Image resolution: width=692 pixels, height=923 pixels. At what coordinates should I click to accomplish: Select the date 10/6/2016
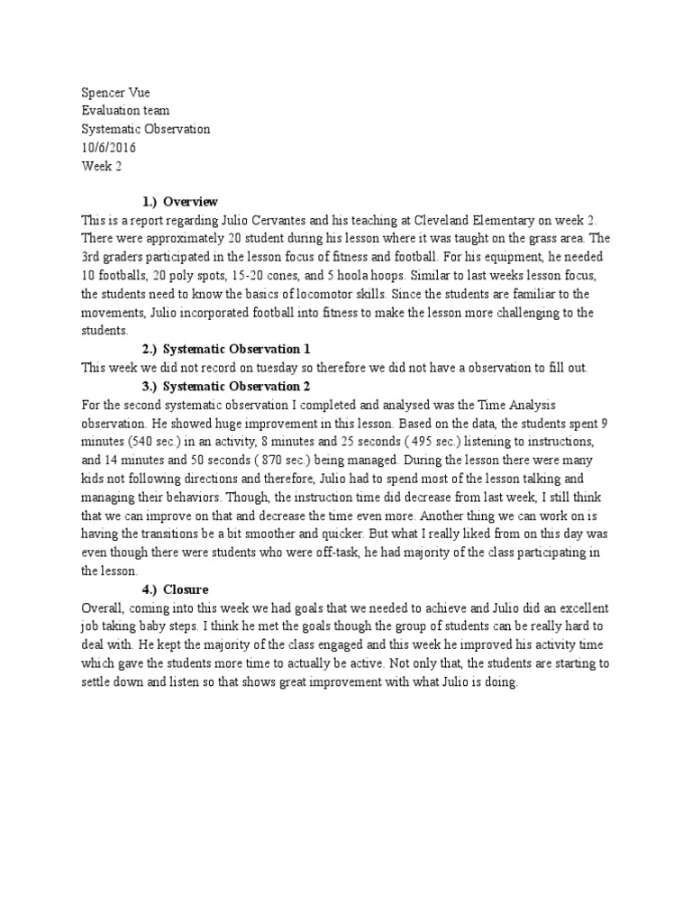tap(106, 148)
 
